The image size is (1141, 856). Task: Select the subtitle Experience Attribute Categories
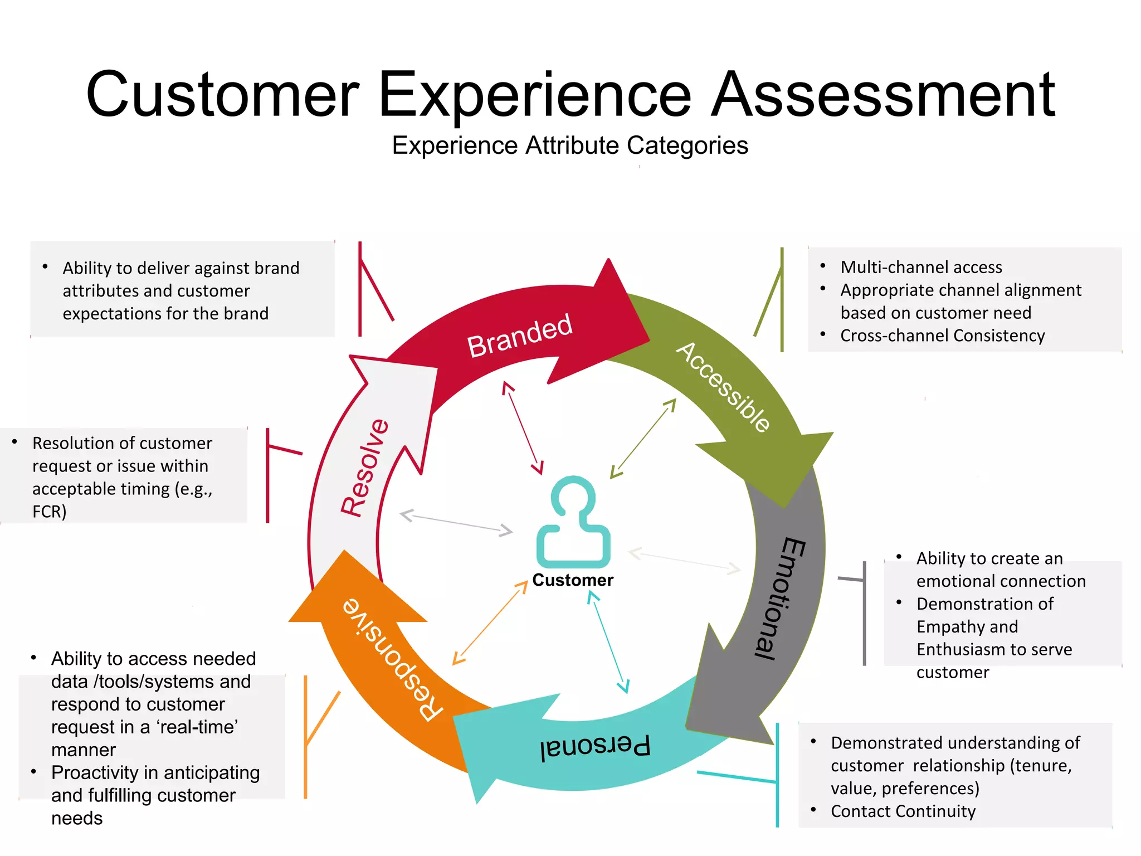tap(569, 146)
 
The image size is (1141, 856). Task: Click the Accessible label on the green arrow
tap(723, 387)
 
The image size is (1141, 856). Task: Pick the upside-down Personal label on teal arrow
tap(595, 747)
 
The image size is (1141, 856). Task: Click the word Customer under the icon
tap(573, 580)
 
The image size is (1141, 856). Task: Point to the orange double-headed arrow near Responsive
tap(490, 622)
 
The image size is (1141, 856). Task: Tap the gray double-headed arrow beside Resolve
tap(456, 523)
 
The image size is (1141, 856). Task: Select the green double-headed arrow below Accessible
tap(643, 439)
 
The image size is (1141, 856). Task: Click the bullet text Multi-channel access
tap(921, 267)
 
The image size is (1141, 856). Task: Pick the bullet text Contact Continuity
tap(903, 811)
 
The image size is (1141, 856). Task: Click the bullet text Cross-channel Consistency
tap(942, 336)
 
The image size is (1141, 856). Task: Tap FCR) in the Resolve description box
tap(50, 512)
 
